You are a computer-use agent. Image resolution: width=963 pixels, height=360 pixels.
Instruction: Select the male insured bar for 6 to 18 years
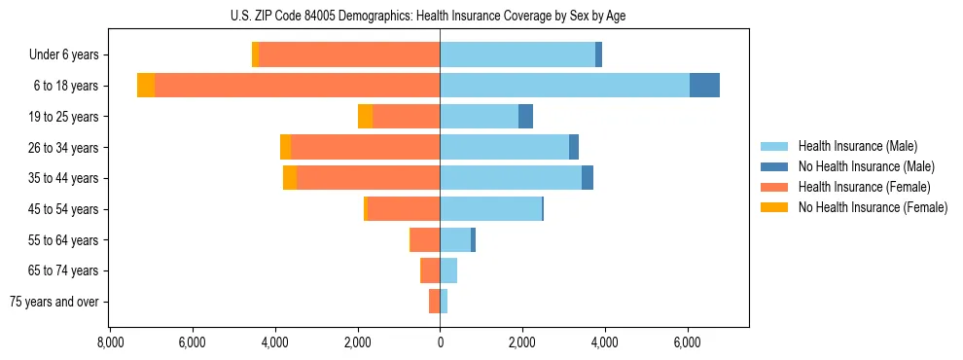pyautogui.click(x=564, y=86)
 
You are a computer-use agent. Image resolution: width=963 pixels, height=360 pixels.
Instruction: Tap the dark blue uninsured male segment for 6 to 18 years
pyautogui.click(x=704, y=86)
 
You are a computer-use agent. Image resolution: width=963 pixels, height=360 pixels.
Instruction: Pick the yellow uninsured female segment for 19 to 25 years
pyautogui.click(x=365, y=117)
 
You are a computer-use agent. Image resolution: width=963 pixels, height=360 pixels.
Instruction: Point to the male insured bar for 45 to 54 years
pyautogui.click(x=490, y=208)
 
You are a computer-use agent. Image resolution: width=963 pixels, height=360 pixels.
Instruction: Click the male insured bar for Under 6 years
pyautogui.click(x=517, y=55)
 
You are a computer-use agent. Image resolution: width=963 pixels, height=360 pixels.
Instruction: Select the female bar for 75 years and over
pyautogui.click(x=434, y=302)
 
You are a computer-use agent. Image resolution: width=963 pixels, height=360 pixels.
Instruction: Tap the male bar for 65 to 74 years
pyautogui.click(x=448, y=270)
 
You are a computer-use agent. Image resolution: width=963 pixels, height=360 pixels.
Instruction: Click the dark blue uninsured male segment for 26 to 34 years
pyautogui.click(x=574, y=147)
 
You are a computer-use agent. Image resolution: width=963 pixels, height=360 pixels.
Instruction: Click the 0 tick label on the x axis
pyautogui.click(x=440, y=342)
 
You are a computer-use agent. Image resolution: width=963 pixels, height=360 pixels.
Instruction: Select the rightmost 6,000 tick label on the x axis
pyautogui.click(x=688, y=342)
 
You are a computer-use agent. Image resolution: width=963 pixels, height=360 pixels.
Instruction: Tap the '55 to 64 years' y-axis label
pyautogui.click(x=65, y=239)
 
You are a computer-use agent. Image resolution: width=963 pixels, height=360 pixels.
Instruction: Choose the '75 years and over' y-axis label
pyautogui.click(x=54, y=302)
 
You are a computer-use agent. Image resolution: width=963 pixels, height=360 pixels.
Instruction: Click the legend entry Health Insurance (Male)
pyautogui.click(x=857, y=146)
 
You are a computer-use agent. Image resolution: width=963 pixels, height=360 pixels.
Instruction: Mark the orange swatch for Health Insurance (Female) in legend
pyautogui.click(x=775, y=187)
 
